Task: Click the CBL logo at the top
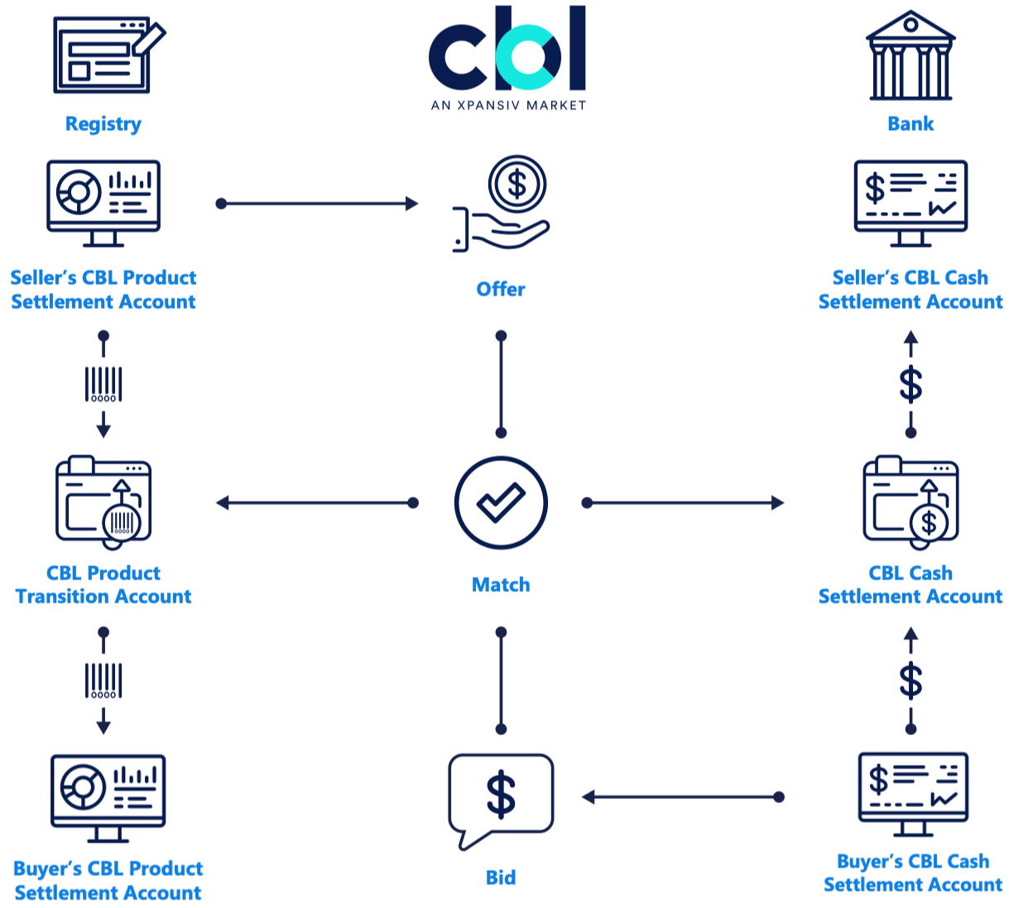pos(507,50)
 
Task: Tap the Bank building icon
pos(910,56)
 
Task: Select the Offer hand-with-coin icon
pos(502,204)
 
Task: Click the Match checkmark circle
pos(501,502)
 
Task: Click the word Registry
pos(103,124)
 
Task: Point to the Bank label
pos(910,124)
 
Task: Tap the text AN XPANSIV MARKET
pos(508,105)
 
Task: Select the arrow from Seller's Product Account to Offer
pos(318,204)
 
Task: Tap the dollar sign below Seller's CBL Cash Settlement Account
pos(910,384)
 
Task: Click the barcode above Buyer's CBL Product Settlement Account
pos(103,680)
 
